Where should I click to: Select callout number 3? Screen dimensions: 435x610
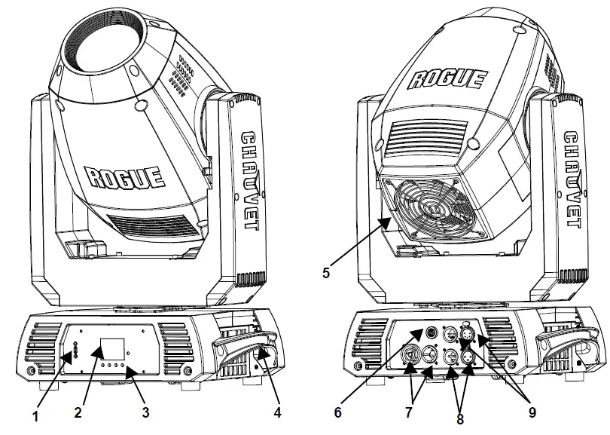(145, 413)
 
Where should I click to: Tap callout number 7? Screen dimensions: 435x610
(408, 414)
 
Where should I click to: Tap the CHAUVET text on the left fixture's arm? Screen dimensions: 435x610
(250, 181)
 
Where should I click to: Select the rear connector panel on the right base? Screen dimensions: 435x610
(438, 346)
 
